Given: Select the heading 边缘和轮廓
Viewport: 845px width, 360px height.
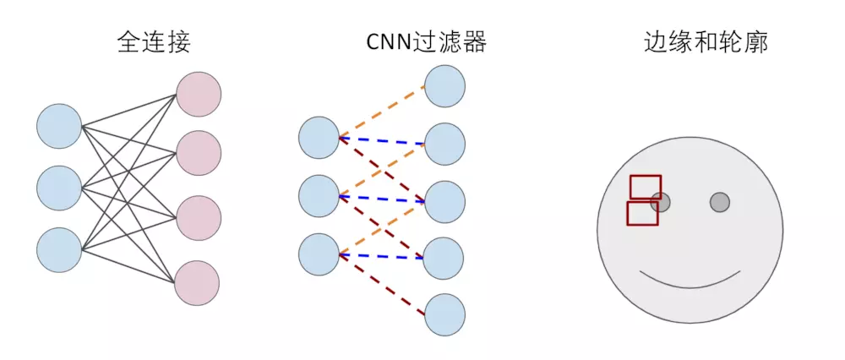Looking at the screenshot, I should (706, 42).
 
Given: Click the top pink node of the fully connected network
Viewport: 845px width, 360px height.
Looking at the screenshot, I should (199, 94).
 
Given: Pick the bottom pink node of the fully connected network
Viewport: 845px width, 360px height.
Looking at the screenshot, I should (197, 283).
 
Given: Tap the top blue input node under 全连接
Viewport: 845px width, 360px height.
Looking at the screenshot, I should (59, 126).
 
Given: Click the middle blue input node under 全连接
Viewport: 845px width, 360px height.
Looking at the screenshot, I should (59, 188).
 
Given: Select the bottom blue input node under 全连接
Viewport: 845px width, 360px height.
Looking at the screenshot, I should (59, 249).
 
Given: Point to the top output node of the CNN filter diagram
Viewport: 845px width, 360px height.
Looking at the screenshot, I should (444, 86).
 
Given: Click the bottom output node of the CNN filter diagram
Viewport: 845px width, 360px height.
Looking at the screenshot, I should (444, 314).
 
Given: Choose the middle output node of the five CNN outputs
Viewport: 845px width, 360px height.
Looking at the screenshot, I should (444, 201).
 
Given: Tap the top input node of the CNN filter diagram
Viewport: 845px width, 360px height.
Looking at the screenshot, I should (319, 138).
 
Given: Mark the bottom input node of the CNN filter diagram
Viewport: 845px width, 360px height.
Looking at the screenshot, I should (319, 254).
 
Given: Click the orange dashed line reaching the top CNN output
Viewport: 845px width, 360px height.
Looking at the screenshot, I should (382, 111).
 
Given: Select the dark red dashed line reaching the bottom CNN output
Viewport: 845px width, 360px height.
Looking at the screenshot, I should (382, 284).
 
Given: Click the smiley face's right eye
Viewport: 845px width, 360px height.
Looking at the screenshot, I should (720, 202).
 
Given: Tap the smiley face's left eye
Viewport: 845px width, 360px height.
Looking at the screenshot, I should (661, 202).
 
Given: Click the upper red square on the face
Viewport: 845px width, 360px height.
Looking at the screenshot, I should (646, 187).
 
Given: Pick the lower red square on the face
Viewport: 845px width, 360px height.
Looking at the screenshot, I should (642, 213).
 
